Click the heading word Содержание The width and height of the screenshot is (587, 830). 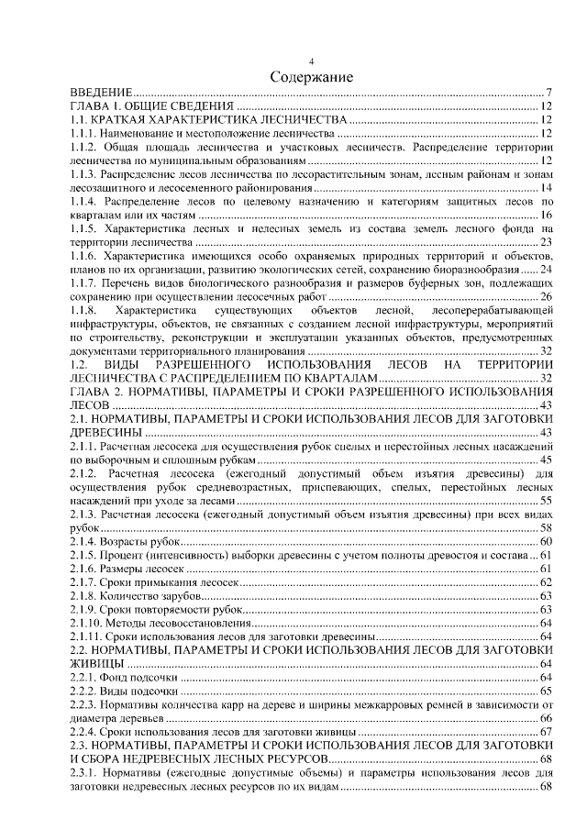[x=311, y=77]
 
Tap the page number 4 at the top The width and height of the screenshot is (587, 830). [x=311, y=61]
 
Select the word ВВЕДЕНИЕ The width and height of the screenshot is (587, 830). [x=104, y=94]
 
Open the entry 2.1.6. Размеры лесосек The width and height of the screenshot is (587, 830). [x=130, y=570]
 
